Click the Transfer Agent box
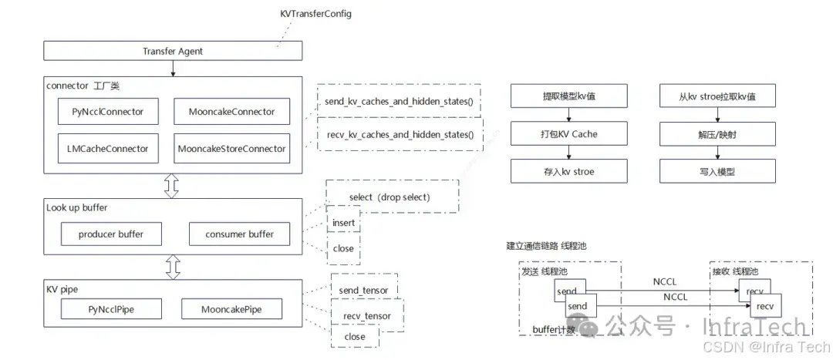[173, 52]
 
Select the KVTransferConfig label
[315, 15]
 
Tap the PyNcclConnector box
[107, 112]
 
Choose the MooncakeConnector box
[231, 112]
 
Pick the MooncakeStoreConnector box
[231, 148]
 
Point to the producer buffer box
[110, 234]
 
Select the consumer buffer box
[239, 234]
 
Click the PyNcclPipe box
[112, 310]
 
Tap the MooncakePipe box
[231, 310]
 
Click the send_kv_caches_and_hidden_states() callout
[400, 101]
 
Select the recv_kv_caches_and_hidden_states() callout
[400, 135]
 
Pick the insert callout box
[343, 223]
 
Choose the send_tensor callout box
[363, 290]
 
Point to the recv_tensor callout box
[366, 316]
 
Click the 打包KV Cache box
[568, 134]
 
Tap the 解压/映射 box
[717, 134]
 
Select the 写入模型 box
[717, 171]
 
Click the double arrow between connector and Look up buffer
[172, 185]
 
